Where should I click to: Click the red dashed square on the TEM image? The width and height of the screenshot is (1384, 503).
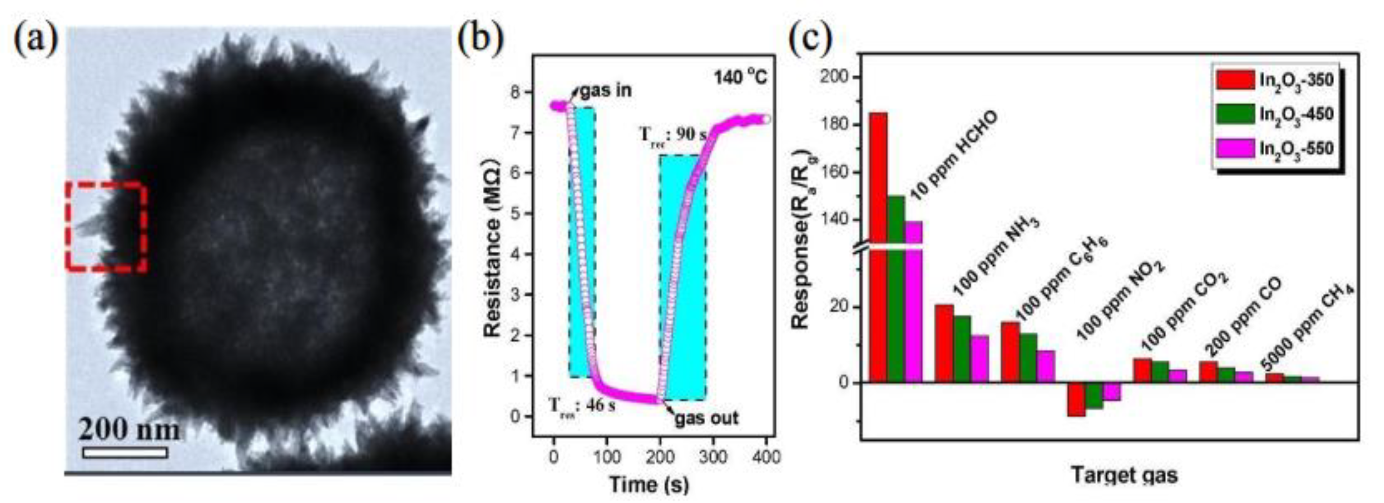106,227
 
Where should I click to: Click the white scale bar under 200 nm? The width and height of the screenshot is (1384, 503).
124,453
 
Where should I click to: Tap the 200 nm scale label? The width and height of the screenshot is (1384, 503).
129,430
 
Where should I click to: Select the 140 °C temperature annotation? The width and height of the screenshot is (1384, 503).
739,77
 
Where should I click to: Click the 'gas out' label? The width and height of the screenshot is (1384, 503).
706,418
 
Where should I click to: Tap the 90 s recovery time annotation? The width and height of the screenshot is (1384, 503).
672,135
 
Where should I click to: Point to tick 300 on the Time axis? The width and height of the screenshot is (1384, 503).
712,457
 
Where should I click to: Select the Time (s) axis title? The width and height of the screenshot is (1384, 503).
649,484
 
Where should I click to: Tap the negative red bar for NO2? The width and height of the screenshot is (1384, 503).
1076,399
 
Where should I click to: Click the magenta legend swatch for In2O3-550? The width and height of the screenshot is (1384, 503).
1234,149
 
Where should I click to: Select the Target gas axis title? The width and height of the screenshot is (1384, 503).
1125,475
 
